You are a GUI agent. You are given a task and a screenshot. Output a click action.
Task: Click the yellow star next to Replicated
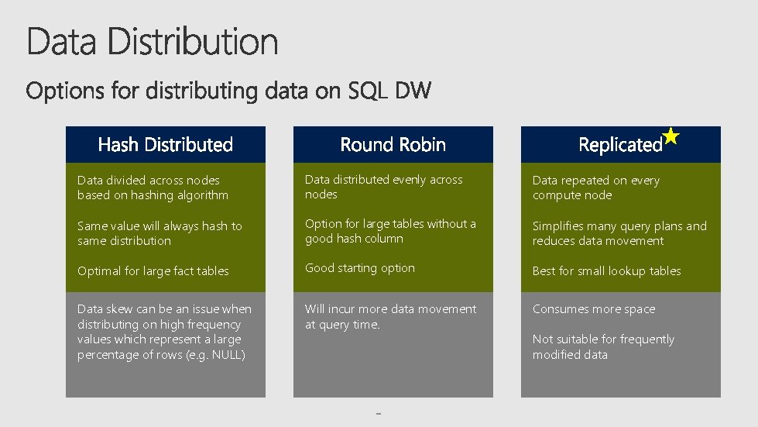tap(671, 137)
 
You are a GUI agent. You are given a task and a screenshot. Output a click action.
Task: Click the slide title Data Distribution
tap(153, 41)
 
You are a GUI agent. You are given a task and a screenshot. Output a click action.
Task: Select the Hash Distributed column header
tap(166, 145)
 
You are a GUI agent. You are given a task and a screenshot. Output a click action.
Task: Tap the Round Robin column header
tap(393, 145)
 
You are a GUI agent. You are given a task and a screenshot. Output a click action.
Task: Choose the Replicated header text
tap(620, 145)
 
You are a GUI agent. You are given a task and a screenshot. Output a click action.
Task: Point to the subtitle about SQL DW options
tap(229, 91)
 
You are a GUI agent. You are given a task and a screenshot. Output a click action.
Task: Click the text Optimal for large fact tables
tap(153, 271)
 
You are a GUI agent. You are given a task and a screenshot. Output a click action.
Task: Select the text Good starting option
tap(360, 268)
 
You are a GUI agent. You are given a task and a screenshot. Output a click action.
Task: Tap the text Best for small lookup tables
tap(606, 271)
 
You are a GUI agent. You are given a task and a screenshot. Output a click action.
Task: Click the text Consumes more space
tap(594, 309)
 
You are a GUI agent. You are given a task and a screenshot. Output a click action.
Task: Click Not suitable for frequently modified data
tap(603, 347)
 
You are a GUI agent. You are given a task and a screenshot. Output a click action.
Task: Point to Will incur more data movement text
tap(391, 316)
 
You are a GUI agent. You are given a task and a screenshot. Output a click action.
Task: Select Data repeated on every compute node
tap(595, 188)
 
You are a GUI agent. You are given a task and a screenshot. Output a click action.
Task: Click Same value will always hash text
tap(159, 233)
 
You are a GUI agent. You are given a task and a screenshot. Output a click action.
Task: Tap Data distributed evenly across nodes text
tap(383, 187)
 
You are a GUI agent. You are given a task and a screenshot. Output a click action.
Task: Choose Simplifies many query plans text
tap(619, 233)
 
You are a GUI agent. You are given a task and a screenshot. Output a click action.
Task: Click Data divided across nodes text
tap(153, 188)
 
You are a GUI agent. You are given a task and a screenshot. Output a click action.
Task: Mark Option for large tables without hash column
tap(390, 231)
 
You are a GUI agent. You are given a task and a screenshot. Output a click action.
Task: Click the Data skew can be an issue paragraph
tap(164, 332)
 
